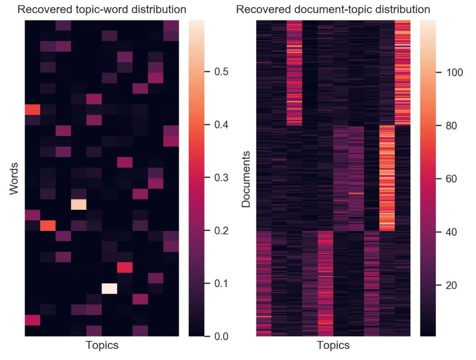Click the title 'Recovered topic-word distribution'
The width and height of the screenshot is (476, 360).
(102, 9)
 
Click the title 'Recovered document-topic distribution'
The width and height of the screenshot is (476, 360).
(333, 9)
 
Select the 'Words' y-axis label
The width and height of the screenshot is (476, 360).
(14, 178)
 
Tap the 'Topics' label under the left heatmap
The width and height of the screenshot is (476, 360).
(102, 345)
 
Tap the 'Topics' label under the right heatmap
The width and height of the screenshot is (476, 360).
(333, 345)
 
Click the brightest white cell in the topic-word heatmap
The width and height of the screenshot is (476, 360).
(109, 289)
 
